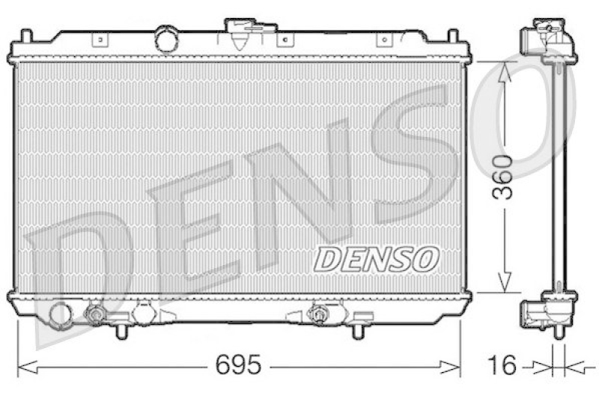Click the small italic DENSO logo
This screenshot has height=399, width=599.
(374, 260)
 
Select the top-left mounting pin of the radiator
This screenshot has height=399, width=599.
(26, 37)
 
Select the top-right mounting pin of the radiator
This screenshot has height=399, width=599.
(453, 37)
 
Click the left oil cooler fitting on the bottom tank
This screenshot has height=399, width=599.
(96, 314)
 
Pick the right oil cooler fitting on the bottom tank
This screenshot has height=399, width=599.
(319, 314)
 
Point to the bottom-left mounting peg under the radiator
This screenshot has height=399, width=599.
(121, 330)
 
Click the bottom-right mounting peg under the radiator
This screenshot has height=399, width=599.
(359, 330)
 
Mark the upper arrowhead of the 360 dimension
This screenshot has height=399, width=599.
(505, 72)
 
